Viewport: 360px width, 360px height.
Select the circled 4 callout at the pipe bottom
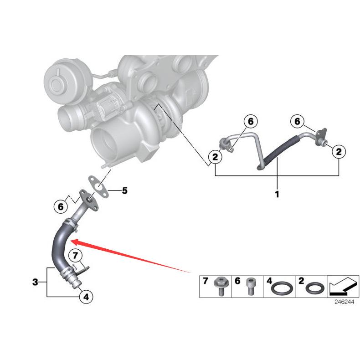pos(87,297)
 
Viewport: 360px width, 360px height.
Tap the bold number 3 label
pos(36,283)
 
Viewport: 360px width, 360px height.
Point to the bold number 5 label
pos(124,190)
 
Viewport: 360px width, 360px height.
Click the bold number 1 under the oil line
pos(277,195)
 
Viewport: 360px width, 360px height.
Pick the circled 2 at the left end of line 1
pos(215,157)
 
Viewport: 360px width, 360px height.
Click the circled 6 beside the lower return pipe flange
pos(60,206)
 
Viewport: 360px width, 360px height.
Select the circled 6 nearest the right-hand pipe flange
pos(298,121)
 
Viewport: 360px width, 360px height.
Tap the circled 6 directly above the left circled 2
pos(250,122)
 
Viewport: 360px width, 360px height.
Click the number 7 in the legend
pos(206,281)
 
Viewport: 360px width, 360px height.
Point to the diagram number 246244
pos(343,302)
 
